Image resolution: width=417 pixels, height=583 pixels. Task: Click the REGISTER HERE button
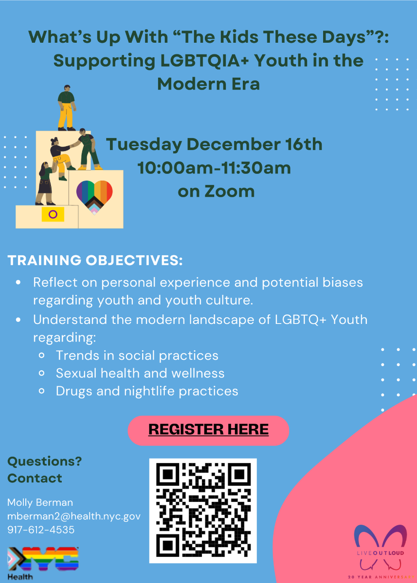click(x=208, y=430)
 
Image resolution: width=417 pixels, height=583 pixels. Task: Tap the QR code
click(x=203, y=511)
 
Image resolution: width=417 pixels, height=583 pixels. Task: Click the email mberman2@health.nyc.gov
click(x=74, y=516)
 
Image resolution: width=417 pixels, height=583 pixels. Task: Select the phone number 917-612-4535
click(x=41, y=530)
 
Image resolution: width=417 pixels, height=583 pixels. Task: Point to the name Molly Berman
click(x=40, y=502)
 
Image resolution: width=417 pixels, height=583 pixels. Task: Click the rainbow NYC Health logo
click(x=43, y=563)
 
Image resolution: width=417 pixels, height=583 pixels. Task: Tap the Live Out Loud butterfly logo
click(x=381, y=551)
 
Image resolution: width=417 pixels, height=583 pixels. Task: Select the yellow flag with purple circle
click(x=53, y=214)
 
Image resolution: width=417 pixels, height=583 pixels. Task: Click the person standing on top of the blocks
click(x=67, y=107)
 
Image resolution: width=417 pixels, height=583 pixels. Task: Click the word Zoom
click(x=229, y=191)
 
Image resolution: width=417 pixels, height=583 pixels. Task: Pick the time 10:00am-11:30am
click(x=214, y=168)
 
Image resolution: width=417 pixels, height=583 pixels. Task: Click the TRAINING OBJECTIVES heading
click(x=95, y=260)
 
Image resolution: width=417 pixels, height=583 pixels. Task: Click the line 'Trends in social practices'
click(x=137, y=355)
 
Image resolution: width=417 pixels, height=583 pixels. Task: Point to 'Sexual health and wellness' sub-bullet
click(x=140, y=373)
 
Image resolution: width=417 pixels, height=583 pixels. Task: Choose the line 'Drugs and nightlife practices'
click(x=147, y=391)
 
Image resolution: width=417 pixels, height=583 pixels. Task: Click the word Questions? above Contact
click(x=45, y=462)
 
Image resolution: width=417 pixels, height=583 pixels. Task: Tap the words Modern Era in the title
click(x=208, y=84)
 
